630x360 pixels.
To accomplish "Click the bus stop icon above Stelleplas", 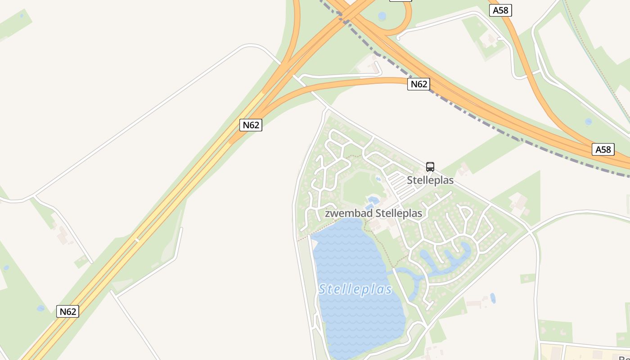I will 430,167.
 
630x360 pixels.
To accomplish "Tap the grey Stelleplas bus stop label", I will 430,180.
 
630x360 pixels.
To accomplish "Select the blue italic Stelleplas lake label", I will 355,289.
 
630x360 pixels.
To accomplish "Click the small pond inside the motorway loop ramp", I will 382,16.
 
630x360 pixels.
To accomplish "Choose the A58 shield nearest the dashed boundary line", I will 603,149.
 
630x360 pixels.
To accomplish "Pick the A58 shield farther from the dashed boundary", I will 500,10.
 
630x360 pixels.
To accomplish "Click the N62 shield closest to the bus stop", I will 418,84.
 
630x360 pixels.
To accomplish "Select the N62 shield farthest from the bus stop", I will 67,311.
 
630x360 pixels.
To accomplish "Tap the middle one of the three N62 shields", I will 251,125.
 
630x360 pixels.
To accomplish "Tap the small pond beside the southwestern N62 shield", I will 41,308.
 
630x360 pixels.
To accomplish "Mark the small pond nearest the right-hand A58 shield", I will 589,121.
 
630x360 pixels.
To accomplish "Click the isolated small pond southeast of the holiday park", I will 493,298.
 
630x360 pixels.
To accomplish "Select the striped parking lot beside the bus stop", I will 399,184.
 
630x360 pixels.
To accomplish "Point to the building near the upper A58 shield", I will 488,41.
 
